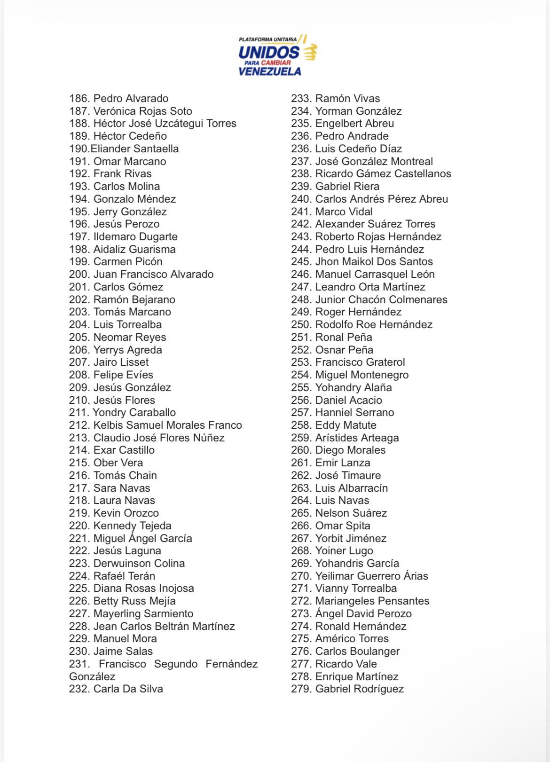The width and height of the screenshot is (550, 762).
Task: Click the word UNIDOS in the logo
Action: pos(268,52)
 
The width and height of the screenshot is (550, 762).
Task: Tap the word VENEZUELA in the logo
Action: pos(269,71)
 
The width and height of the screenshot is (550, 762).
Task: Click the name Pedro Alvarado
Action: pos(131,99)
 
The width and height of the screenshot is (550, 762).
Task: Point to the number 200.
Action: pos(79,275)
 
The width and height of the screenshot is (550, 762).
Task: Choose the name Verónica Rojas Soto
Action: pos(143,111)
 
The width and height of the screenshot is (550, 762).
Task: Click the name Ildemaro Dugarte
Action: pos(135,237)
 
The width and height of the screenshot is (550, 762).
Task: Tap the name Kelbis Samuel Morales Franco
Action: pos(168,425)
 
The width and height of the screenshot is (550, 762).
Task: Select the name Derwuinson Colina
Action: pos(139,564)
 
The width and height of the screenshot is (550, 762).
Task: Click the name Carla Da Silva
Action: pos(128,689)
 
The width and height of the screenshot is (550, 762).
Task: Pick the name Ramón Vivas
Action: pos(347,99)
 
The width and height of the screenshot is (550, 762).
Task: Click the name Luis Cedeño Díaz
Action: pos(359,149)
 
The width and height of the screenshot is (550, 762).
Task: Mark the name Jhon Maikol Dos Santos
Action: pos(374,262)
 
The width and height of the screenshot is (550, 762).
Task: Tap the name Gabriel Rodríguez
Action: pos(360,689)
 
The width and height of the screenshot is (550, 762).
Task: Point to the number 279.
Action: pos(301,689)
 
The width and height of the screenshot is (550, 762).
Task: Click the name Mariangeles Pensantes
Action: pos(372,601)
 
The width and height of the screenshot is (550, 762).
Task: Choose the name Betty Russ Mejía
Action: pos(134,601)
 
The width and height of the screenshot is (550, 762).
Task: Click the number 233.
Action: pos(301,99)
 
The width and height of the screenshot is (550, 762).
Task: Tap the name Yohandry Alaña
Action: pos(354,388)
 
